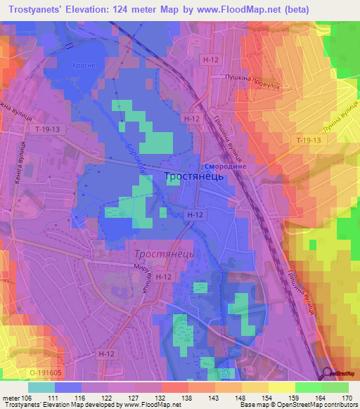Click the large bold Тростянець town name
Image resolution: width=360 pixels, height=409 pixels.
click(x=194, y=178)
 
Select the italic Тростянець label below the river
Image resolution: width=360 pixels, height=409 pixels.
click(x=159, y=252)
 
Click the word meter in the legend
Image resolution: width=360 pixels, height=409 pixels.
click(x=11, y=397)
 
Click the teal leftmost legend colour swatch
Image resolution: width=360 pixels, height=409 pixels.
click(x=41, y=387)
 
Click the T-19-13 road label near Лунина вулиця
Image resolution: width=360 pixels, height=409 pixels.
click(x=307, y=141)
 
